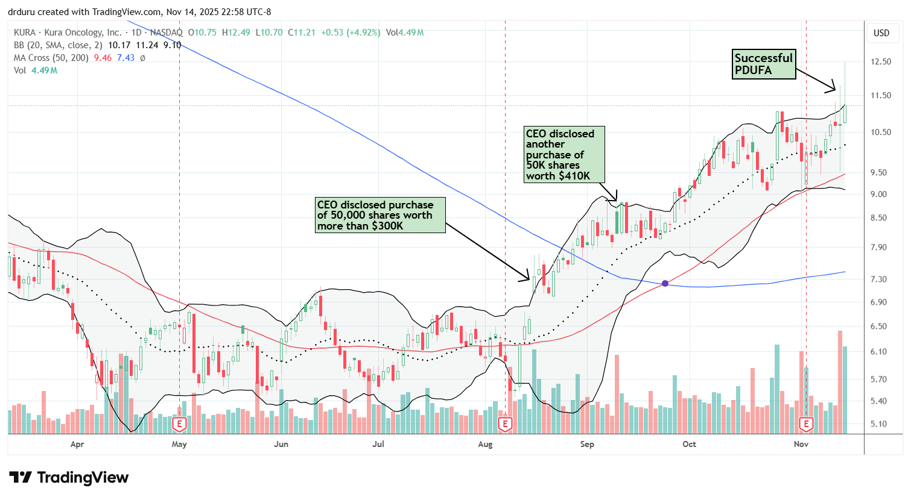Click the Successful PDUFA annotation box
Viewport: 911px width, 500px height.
(763, 64)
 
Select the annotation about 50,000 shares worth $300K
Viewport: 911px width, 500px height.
(380, 215)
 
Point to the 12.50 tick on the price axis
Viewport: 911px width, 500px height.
(881, 61)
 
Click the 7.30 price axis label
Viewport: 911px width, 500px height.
(881, 279)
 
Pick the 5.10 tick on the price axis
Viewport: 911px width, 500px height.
(881, 423)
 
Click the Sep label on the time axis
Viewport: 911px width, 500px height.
(586, 445)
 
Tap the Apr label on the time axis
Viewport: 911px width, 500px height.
(77, 445)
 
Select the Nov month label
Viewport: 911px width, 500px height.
(801, 445)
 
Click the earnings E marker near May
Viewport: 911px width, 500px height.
(179, 425)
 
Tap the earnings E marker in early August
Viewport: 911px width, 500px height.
(505, 425)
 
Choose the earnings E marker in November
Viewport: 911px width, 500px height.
(806, 425)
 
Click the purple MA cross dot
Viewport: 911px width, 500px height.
(665, 283)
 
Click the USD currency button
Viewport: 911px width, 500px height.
(881, 33)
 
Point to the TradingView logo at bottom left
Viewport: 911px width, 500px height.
(69, 478)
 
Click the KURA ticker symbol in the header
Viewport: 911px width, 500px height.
(24, 33)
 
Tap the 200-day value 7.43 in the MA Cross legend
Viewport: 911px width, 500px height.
(125, 58)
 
